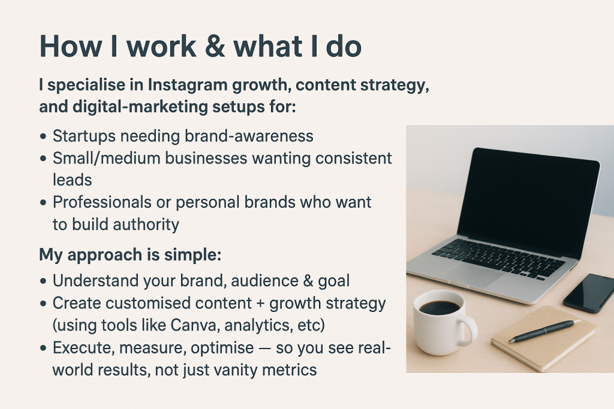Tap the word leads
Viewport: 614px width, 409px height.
[72, 180]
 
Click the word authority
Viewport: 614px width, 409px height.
[148, 225]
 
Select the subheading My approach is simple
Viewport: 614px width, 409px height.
[130, 255]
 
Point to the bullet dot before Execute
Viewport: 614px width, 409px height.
[43, 349]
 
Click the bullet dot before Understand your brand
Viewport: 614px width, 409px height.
[43, 281]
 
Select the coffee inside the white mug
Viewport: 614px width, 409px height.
[439, 308]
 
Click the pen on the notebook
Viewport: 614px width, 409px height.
[543, 331]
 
